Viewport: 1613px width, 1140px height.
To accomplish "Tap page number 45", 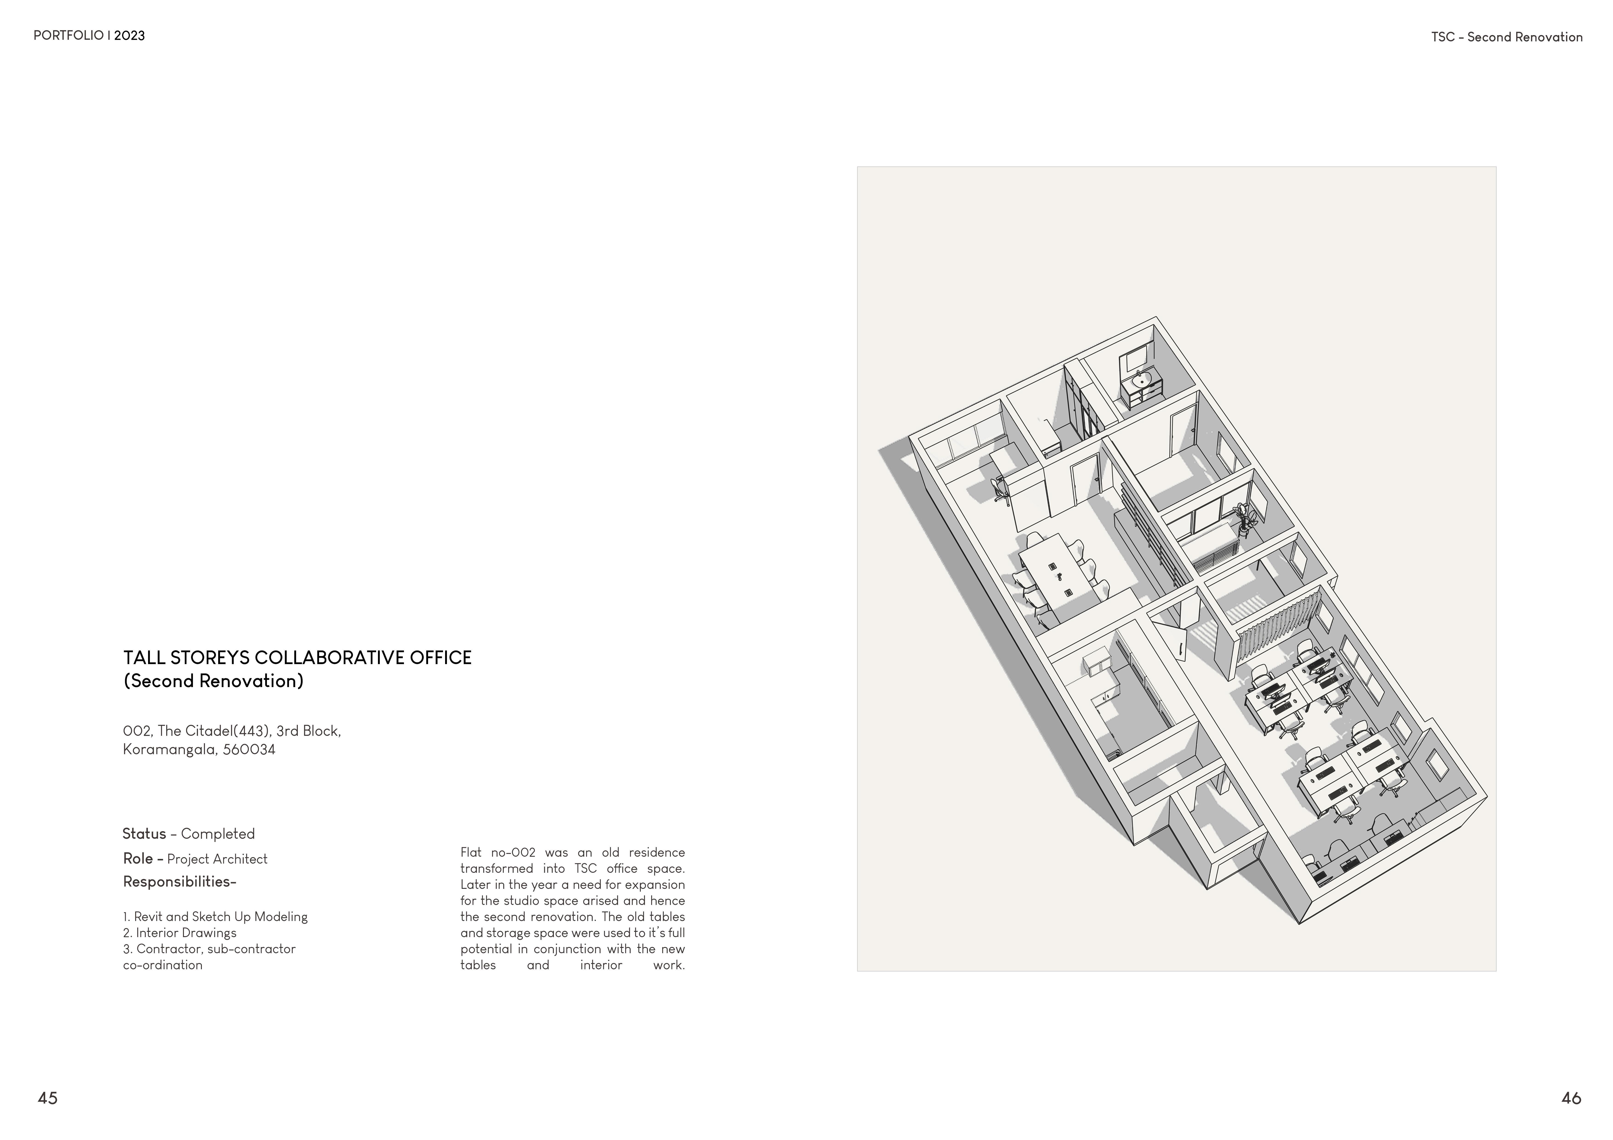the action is click(48, 1098).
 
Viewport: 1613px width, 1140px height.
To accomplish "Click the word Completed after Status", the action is click(218, 834).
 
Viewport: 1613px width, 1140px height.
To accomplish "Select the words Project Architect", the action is click(217, 859).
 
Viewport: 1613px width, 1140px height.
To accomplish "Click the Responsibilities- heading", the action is click(179, 881).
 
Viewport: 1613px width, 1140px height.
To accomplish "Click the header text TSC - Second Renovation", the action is click(1507, 37).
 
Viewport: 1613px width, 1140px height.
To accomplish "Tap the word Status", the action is click(144, 834).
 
